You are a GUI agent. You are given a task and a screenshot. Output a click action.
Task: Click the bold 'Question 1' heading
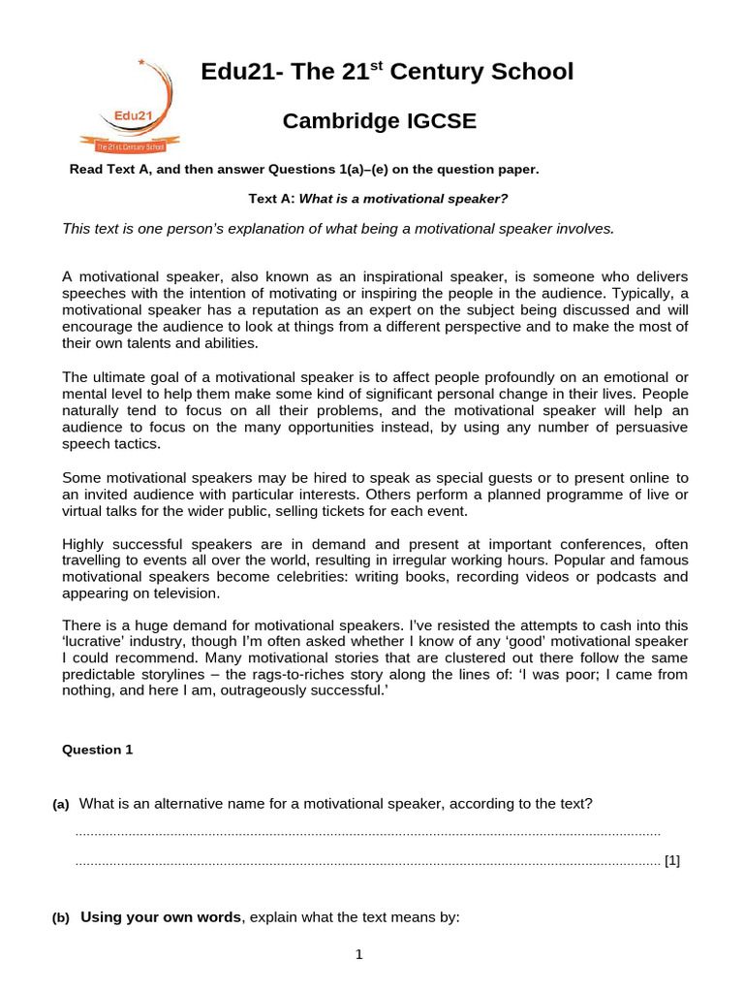98,750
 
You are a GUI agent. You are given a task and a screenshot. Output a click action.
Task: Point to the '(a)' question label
61,805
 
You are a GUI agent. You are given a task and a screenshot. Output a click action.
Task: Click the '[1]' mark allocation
672,860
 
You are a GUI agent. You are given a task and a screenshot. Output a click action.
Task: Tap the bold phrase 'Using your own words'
160,917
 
